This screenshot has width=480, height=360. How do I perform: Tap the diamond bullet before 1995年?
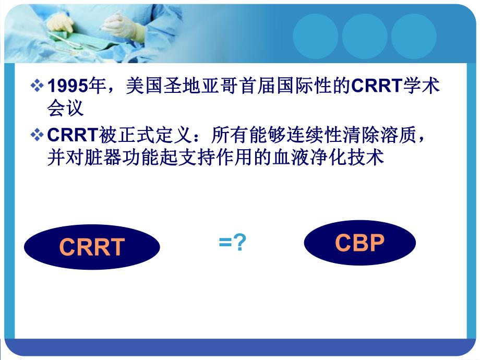[38, 86]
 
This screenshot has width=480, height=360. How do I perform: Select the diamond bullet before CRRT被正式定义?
[38, 136]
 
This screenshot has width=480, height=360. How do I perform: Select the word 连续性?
[302, 136]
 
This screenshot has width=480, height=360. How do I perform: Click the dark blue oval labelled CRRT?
[92, 247]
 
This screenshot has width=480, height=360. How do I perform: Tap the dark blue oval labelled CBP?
[359, 243]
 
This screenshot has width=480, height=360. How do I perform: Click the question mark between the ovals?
[238, 243]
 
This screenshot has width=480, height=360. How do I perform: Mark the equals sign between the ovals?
[225, 243]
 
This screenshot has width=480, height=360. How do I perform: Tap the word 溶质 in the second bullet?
[399, 136]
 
